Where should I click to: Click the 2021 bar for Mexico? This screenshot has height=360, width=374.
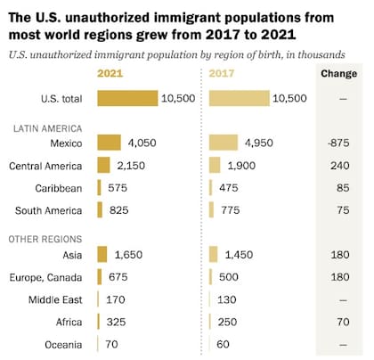click(109, 143)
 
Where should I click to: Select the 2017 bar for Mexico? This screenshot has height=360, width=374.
click(224, 143)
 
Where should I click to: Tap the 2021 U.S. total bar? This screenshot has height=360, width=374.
click(127, 98)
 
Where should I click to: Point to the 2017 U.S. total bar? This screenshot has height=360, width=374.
click(239, 98)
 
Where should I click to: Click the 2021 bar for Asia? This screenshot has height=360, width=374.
click(102, 255)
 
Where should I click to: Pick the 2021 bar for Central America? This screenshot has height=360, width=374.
click(103, 165)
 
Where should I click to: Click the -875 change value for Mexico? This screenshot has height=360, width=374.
click(338, 143)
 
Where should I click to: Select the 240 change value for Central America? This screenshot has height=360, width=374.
click(338, 165)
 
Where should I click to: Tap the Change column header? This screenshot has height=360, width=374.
click(338, 73)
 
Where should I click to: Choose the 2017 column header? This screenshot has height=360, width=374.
click(224, 73)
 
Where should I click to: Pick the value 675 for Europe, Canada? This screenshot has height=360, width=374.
click(118, 277)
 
